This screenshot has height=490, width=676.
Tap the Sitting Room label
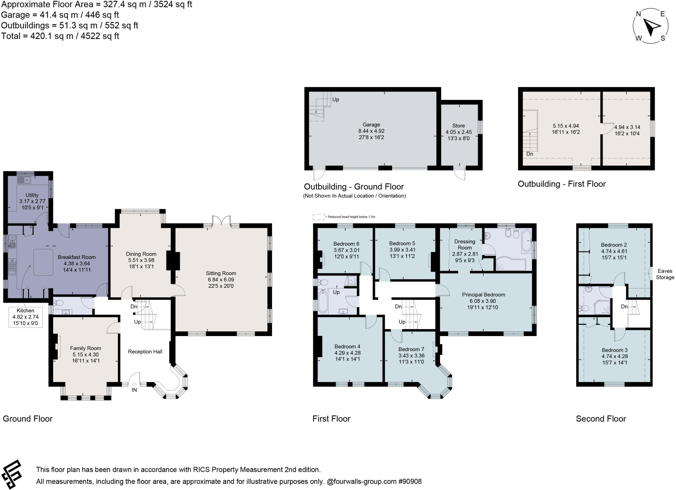pyautogui.click(x=221, y=273)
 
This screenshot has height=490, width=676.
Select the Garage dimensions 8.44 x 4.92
pyautogui.click(x=371, y=131)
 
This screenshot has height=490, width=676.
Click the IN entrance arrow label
pyautogui.click(x=134, y=390)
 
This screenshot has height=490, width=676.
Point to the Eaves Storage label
pyautogui.click(x=665, y=274)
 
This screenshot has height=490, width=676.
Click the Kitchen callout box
pyautogui.click(x=25, y=317)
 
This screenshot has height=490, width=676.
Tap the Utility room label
pyautogui.click(x=32, y=195)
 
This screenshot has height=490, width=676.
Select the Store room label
pyautogui.click(x=458, y=126)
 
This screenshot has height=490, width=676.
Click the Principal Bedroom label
pyautogui.click(x=483, y=294)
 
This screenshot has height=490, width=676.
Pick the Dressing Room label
pyautogui.click(x=464, y=245)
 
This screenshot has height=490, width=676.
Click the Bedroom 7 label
pyautogui.click(x=411, y=349)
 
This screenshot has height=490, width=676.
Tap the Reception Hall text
pyautogui.click(x=145, y=352)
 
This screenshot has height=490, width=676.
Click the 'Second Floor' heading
pyautogui.click(x=601, y=419)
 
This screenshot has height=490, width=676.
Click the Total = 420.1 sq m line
pyautogui.click(x=60, y=36)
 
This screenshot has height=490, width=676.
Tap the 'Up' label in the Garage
pyautogui.click(x=336, y=99)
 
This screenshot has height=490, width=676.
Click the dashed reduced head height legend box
pyautogui.click(x=318, y=217)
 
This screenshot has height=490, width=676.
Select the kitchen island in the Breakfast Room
pyautogui.click(x=43, y=262)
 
